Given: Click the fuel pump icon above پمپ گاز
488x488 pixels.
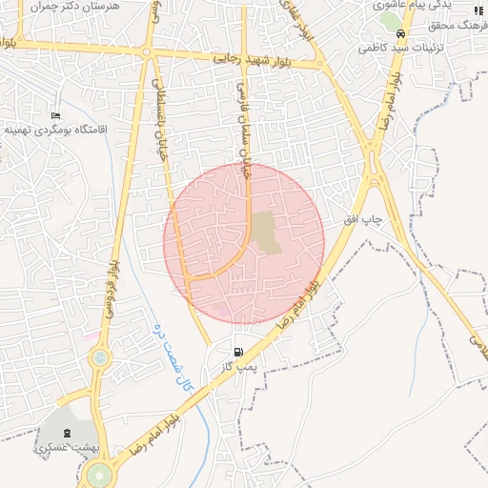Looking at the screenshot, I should click(238, 351).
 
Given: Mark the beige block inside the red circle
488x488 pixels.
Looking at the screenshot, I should click(268, 234).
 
